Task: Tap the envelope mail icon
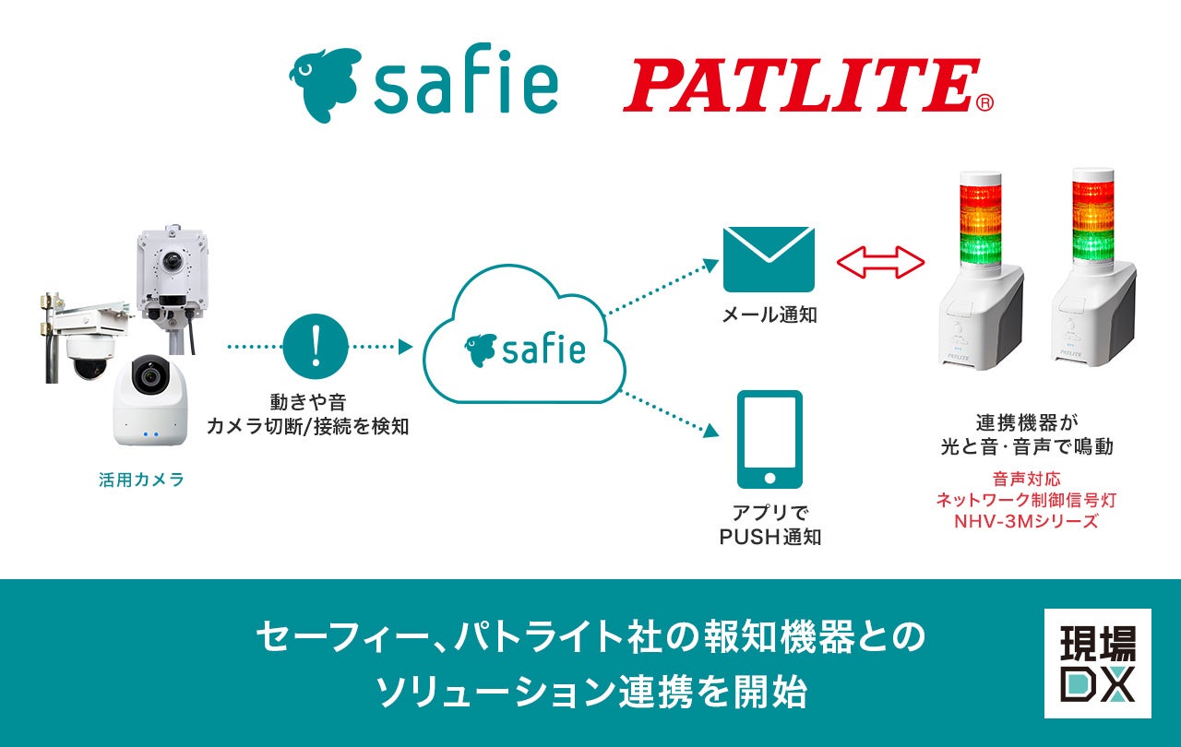769,259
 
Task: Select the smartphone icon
769,439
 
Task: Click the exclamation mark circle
316,347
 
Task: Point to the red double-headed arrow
880,262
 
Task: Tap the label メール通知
769,315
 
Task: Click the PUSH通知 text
769,536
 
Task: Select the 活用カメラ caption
141,480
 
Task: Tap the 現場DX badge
1097,663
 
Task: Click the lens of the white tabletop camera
148,376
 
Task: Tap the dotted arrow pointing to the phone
670,412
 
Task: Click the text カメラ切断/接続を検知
307,426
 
